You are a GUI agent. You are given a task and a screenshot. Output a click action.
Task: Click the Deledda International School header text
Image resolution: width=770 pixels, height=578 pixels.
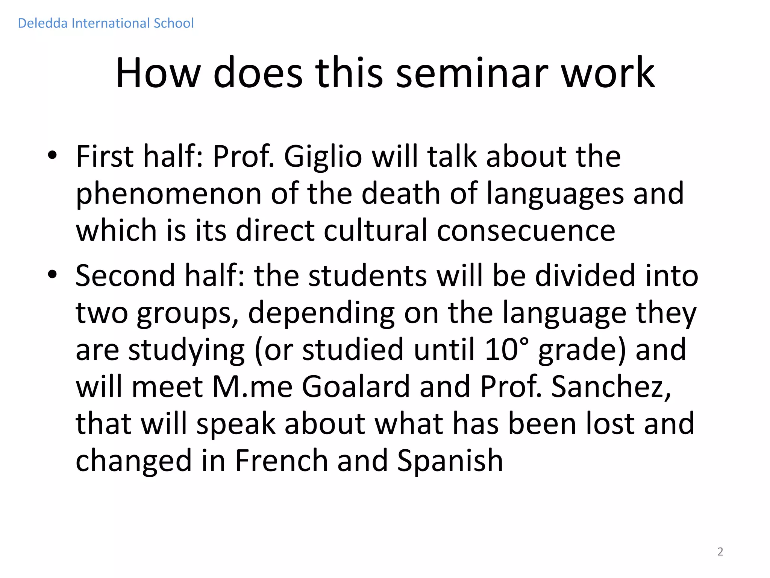click(x=106, y=23)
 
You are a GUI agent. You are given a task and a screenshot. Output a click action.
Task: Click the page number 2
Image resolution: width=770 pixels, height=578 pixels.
click(x=720, y=552)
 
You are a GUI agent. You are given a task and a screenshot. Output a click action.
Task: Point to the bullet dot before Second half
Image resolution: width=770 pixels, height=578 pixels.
click(x=52, y=275)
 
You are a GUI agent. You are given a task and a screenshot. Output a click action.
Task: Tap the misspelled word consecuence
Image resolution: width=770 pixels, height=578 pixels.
click(x=526, y=230)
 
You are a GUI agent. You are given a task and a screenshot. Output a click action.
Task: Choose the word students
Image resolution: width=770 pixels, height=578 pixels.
click(x=368, y=275)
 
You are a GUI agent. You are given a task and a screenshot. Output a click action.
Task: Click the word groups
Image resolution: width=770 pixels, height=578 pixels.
click(x=187, y=313)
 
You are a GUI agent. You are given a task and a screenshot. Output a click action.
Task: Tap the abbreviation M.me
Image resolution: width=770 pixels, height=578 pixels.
click(x=252, y=386)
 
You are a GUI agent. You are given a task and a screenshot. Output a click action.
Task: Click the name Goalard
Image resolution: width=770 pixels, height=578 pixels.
click(x=356, y=386)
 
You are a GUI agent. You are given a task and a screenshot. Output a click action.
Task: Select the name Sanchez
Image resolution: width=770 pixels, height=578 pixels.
click(x=611, y=386)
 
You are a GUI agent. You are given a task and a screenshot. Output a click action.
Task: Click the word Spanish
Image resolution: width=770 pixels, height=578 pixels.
click(x=450, y=461)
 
